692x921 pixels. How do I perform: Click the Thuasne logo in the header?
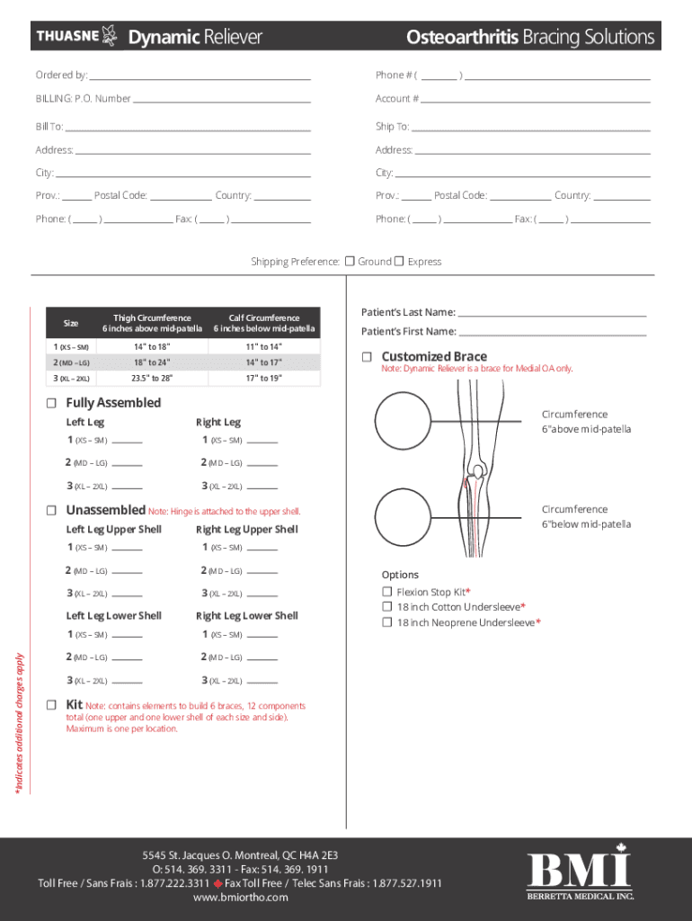(76, 36)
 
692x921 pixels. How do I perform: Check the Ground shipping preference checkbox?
(350, 261)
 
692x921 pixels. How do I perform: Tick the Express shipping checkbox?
(400, 261)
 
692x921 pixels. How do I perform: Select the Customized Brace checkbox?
(367, 357)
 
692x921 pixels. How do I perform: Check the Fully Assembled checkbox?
(51, 402)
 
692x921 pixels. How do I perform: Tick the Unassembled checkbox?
(51, 510)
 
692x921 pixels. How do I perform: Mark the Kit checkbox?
(51, 703)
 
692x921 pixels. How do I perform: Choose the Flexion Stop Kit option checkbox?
(387, 592)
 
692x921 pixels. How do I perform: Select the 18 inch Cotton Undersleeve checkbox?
(387, 607)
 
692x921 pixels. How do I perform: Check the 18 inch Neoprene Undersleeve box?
(387, 622)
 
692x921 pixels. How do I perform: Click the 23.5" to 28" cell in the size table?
(152, 379)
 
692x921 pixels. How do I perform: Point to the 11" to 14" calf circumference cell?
(264, 346)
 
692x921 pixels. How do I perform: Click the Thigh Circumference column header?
(152, 323)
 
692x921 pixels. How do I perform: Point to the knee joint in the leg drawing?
(479, 470)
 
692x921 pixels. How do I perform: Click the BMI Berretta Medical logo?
(580, 877)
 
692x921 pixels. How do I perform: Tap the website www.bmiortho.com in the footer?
(240, 898)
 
